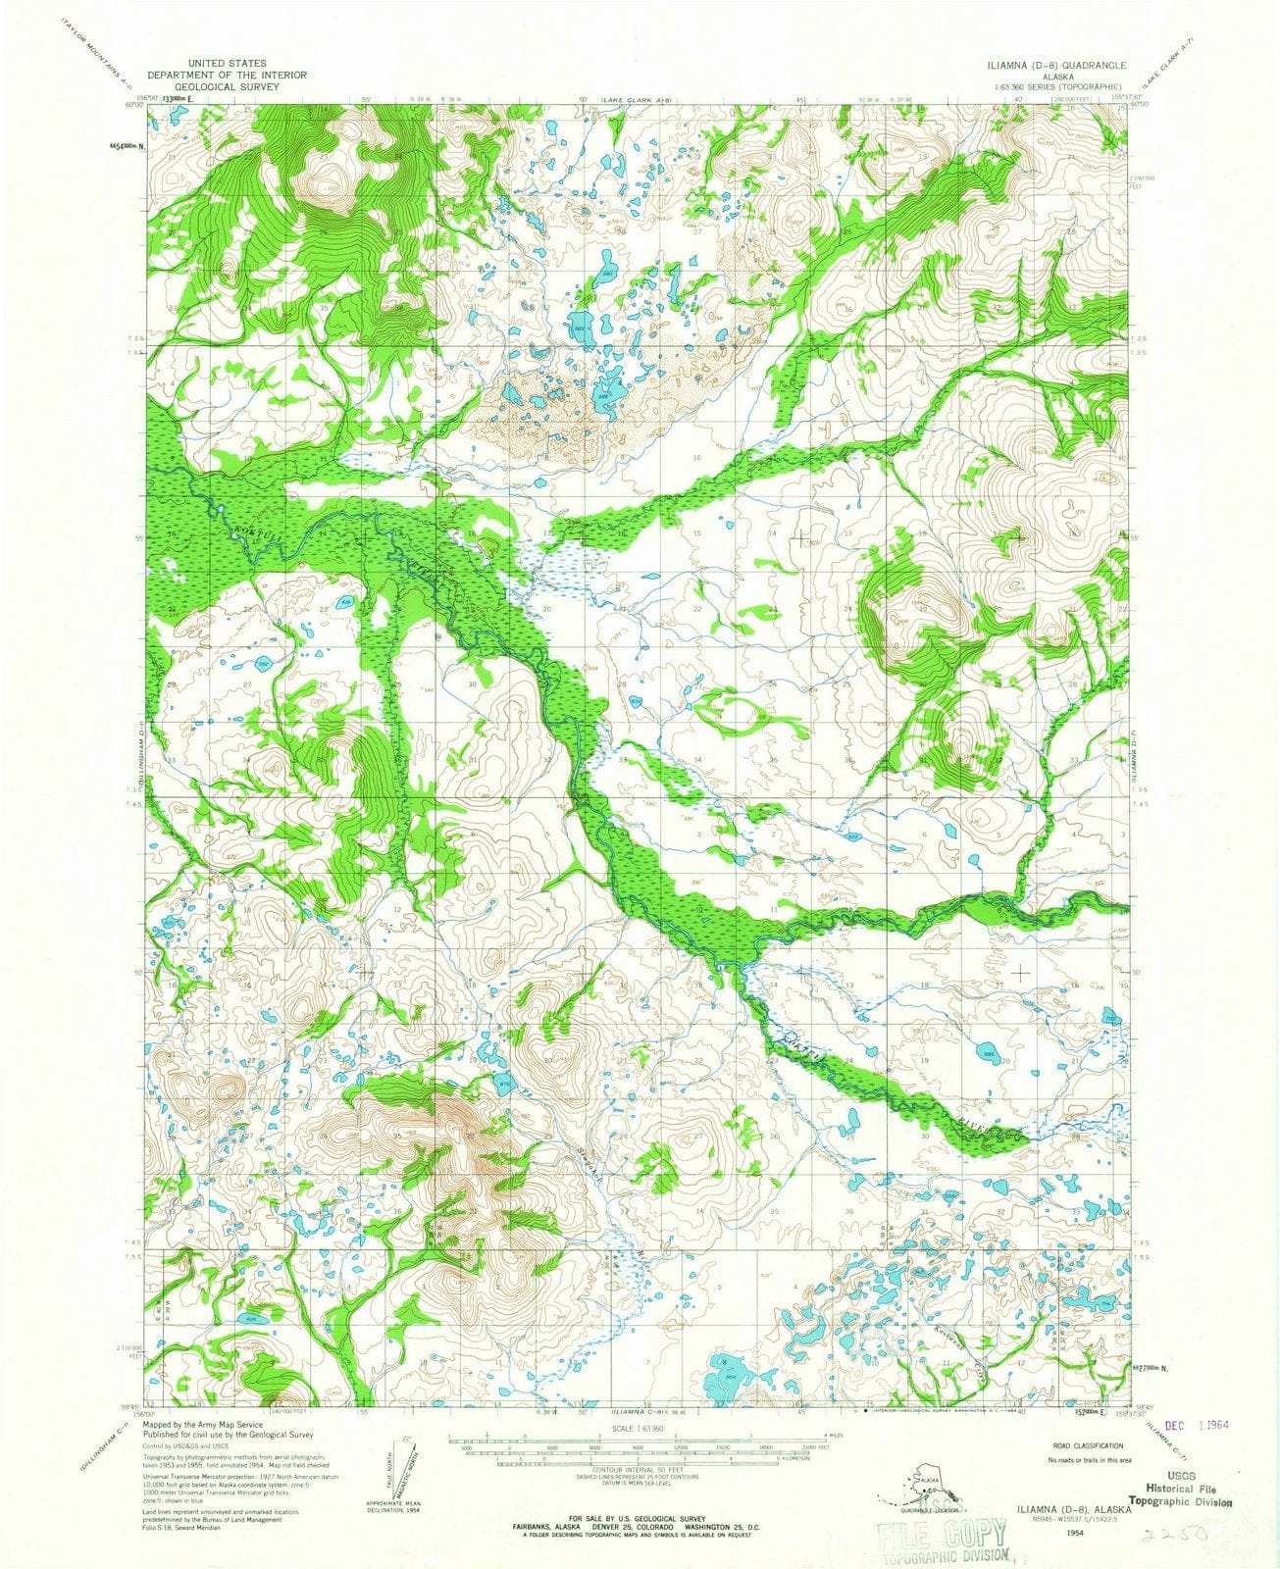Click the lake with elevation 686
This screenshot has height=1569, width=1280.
click(989, 1055)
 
